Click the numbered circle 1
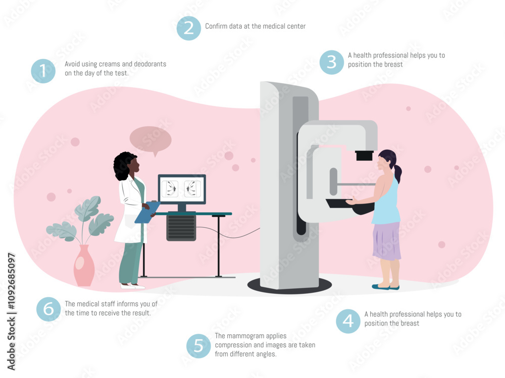43,71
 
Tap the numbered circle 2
188,28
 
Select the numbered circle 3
331,62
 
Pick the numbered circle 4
348,321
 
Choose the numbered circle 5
198,346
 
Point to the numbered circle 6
48,309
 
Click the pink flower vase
84,266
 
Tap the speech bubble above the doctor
150,140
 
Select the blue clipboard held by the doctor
147,212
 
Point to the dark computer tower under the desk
181,227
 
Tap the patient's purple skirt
387,240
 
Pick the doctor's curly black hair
122,166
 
